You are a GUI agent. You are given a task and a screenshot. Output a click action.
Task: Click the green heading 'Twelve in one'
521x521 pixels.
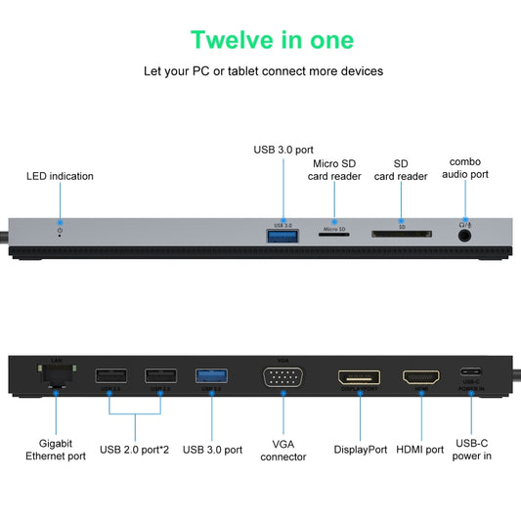tap(272, 40)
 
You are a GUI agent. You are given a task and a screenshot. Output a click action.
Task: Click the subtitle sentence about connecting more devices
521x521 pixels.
tap(263, 71)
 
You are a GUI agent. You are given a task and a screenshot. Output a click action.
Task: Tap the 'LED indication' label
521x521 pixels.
tap(60, 176)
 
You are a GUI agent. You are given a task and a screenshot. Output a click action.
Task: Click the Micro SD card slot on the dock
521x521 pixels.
tap(334, 235)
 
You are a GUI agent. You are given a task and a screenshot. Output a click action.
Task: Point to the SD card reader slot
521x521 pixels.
tap(401, 235)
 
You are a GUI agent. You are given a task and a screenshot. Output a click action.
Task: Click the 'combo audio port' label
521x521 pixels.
tap(469, 167)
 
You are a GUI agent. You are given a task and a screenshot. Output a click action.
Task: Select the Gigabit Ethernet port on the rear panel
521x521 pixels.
tap(55, 375)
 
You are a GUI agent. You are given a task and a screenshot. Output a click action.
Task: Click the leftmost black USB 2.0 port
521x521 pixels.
tap(109, 375)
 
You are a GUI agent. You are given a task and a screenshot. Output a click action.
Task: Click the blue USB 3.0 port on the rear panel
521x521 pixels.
tap(211, 375)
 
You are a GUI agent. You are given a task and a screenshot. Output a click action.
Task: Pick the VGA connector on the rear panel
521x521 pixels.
tap(282, 377)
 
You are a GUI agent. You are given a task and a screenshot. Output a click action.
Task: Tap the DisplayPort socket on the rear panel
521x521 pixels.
tap(359, 377)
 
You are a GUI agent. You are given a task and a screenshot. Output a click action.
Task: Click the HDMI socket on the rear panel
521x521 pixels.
tap(421, 377)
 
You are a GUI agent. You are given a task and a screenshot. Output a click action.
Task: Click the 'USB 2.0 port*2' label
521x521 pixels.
tap(135, 450)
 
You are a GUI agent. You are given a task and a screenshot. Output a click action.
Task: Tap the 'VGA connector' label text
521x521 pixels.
tap(282, 450)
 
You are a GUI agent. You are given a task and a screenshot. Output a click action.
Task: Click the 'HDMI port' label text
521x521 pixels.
tap(420, 450)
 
